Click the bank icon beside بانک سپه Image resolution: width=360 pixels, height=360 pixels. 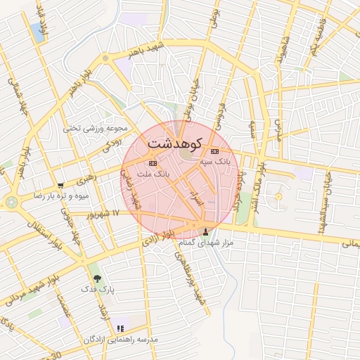[x=214, y=152]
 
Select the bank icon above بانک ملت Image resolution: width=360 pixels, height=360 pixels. [x=153, y=162]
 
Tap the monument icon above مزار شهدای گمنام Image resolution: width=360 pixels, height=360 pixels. [x=206, y=232]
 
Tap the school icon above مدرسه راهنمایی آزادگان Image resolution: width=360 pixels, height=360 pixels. [x=120, y=328]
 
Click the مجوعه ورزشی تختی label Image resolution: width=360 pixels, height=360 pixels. [x=96, y=129]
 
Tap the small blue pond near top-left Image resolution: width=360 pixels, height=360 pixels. [x=35, y=31]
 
